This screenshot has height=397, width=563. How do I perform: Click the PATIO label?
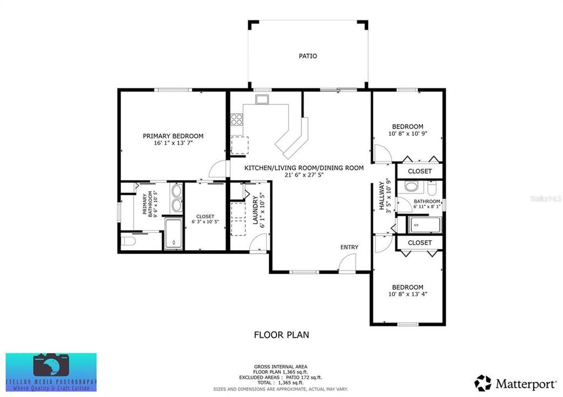pyautogui.click(x=308, y=56)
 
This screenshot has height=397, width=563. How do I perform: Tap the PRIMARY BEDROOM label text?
pyautogui.click(x=173, y=136)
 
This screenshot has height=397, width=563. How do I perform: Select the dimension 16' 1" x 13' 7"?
pyautogui.click(x=173, y=143)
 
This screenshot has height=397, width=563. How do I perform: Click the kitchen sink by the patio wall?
pyautogui.click(x=262, y=99)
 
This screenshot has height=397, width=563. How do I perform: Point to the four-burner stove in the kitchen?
pyautogui.click(x=236, y=119)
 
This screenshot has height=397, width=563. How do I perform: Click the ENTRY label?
pyautogui.click(x=349, y=247)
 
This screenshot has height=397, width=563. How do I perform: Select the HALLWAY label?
pyautogui.click(x=381, y=196)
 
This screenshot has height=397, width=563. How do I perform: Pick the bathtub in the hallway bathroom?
pyautogui.click(x=424, y=225)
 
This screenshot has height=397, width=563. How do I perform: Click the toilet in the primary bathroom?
pyautogui.click(x=128, y=242)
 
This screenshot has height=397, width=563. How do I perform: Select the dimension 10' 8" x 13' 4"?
pyautogui.click(x=407, y=294)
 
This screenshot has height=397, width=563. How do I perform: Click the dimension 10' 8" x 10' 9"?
pyautogui.click(x=407, y=133)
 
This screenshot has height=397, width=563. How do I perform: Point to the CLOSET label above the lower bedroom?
pyautogui.click(x=419, y=243)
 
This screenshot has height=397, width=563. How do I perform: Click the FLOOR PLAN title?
pyautogui.click(x=281, y=334)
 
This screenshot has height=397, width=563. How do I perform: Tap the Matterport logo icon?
pyautogui.click(x=482, y=382)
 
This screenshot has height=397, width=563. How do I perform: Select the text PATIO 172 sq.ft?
pyautogui.click(x=301, y=377)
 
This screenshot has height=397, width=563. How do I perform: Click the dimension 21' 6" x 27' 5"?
pyautogui.click(x=304, y=175)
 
